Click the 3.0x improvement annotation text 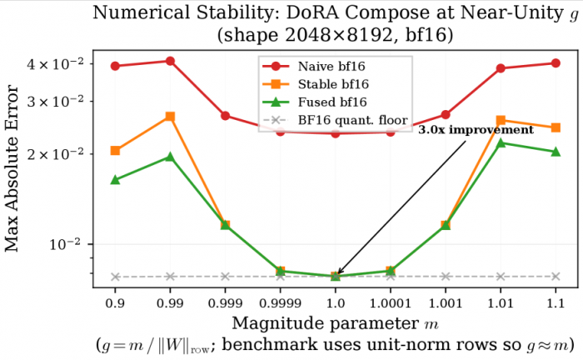[x=475, y=131]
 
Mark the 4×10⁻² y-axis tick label [x=74, y=64]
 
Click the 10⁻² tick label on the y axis [x=82, y=244]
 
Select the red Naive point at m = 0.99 [x=170, y=61]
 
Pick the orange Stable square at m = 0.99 [x=170, y=117]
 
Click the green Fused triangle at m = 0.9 [x=115, y=180]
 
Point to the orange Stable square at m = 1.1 [x=556, y=127]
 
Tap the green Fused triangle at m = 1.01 [x=501, y=143]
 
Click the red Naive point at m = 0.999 [x=225, y=116]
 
